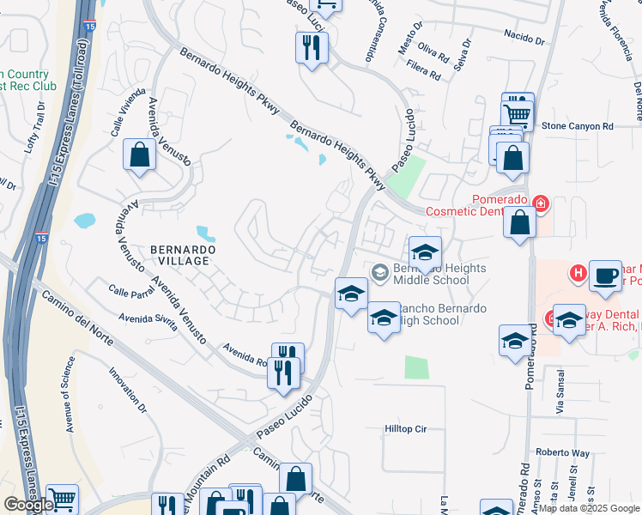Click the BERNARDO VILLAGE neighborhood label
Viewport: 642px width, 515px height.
tap(180, 254)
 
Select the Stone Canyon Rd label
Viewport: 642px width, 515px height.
tap(578, 126)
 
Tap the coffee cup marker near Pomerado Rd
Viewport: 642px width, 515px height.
tap(606, 276)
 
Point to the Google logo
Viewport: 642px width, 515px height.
tap(28, 504)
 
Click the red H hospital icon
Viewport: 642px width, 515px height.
tap(578, 275)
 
